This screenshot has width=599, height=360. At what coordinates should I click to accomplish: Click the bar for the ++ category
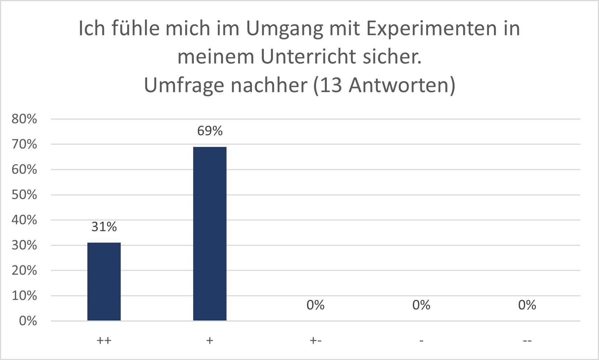pyautogui.click(x=104, y=281)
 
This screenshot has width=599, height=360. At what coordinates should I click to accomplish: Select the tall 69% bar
pyautogui.click(x=210, y=233)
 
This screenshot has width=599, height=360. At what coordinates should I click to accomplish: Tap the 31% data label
pyautogui.click(x=104, y=227)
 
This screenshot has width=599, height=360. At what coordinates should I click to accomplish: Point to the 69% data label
pyautogui.click(x=210, y=131)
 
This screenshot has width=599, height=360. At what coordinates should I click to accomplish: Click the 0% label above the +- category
pyautogui.click(x=315, y=305)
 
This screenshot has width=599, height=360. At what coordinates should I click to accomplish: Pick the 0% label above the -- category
pyautogui.click(x=527, y=305)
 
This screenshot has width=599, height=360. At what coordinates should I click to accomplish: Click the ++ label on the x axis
pyautogui.click(x=104, y=341)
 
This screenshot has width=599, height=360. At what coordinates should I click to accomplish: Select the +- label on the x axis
pyautogui.click(x=315, y=341)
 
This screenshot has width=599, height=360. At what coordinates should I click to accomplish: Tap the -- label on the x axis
pyautogui.click(x=527, y=341)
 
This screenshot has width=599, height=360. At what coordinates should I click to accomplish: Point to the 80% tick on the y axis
pyautogui.click(x=24, y=119)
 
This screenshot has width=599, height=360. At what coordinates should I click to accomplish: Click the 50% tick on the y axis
pyautogui.click(x=24, y=195)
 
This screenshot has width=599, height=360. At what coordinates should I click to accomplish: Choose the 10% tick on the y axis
pyautogui.click(x=24, y=296)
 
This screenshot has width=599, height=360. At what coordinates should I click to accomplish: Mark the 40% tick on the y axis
pyautogui.click(x=24, y=220)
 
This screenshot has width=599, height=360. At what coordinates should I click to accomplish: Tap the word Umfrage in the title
pyautogui.click(x=184, y=86)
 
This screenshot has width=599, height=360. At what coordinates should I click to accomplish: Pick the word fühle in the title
pyautogui.click(x=135, y=28)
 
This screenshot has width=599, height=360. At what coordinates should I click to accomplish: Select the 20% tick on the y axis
pyautogui.click(x=24, y=270)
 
